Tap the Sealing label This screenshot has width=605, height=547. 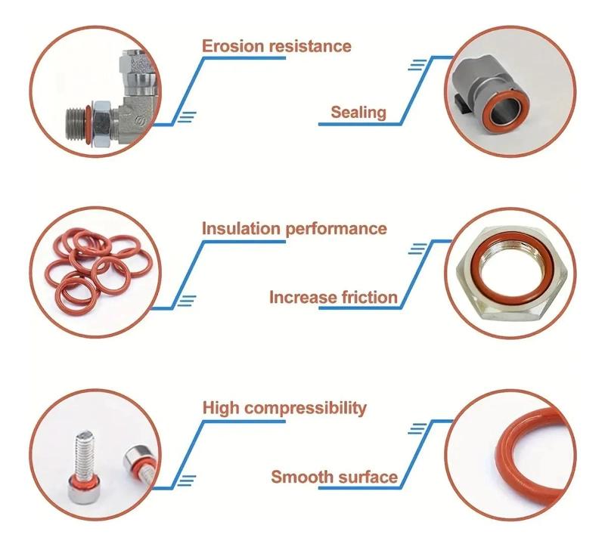(x=358, y=113)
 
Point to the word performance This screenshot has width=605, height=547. (x=336, y=229)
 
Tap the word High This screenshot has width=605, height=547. (x=221, y=408)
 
